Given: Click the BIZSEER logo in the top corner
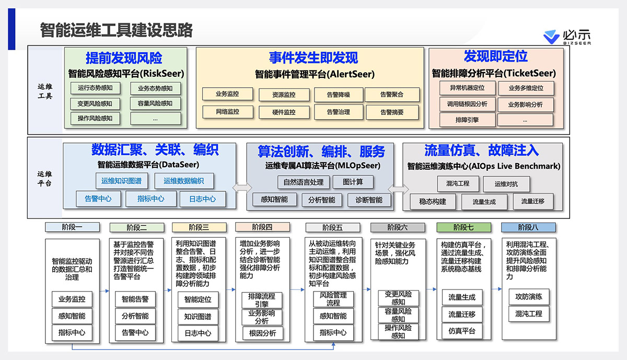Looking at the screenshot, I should click(566, 38).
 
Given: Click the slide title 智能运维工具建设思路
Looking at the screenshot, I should click(117, 30).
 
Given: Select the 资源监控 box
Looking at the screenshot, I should click(284, 95).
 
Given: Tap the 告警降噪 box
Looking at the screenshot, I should click(338, 95).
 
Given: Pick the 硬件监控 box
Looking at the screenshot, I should click(284, 112).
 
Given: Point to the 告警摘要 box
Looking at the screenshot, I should click(392, 112).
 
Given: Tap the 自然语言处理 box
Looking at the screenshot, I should click(304, 182).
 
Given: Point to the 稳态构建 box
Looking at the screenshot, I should click(433, 201).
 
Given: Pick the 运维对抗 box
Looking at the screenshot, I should click(506, 183).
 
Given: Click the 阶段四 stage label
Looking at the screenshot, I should click(262, 227).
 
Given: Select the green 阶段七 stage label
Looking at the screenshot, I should click(463, 227).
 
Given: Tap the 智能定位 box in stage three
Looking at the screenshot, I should click(198, 300).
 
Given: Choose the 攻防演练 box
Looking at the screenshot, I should click(529, 297).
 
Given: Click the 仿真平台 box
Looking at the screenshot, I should click(462, 331).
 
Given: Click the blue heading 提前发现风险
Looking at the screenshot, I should click(124, 58).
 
